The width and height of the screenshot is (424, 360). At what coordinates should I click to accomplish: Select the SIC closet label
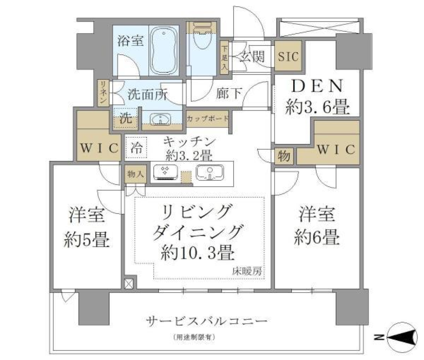pyautogui.click(x=288, y=56)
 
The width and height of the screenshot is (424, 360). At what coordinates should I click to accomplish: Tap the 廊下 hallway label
pyautogui.click(x=229, y=93)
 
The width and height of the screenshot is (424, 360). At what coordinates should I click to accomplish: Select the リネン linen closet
pyautogui.click(x=103, y=92)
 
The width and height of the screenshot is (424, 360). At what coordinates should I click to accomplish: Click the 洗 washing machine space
pyautogui.click(x=125, y=119)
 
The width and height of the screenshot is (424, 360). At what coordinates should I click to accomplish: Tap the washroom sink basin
pyautogui.click(x=161, y=120)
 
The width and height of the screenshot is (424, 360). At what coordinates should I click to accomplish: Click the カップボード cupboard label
pyautogui.click(x=208, y=119)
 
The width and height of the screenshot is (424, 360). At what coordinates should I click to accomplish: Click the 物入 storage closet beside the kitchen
pyautogui.click(x=134, y=174)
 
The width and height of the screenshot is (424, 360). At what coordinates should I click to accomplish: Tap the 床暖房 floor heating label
pyautogui.click(x=247, y=271)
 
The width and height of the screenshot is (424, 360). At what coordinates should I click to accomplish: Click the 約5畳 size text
pyautogui.click(x=87, y=240)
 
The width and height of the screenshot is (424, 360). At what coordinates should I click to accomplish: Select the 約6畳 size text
pyautogui.click(x=317, y=238)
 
